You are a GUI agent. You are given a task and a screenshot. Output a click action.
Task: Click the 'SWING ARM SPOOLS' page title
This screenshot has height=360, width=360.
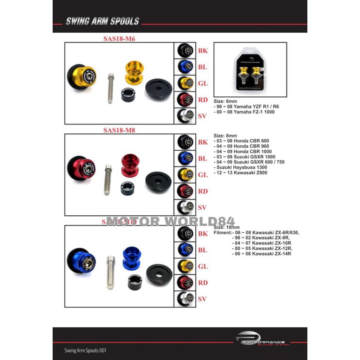click(102, 21)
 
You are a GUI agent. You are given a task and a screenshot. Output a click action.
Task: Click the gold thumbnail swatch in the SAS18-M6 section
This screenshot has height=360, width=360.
click(185, 83)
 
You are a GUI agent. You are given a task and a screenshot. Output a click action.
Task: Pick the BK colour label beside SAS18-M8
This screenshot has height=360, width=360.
click(203, 142)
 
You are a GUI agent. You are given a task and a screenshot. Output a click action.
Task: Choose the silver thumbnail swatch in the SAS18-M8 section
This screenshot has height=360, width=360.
click(185, 207)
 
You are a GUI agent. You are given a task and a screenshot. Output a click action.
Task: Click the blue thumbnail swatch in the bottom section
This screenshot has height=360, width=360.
click(185, 250)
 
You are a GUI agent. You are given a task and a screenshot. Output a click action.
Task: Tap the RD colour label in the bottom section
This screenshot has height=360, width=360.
click(203, 283)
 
